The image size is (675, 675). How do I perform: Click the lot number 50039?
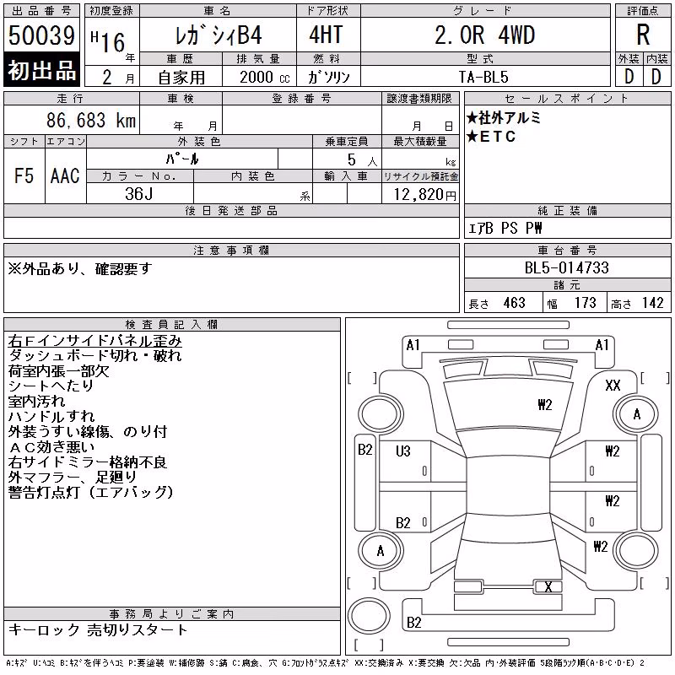click(41, 35)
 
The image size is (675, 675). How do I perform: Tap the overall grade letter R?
click(643, 35)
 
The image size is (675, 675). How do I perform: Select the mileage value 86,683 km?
click(91, 121)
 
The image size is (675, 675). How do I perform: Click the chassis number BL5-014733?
click(566, 267)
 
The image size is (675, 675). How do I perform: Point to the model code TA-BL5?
click(483, 77)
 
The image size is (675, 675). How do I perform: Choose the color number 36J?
click(139, 194)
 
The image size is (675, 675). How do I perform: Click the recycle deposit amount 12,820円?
click(425, 195)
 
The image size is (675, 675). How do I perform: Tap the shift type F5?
click(24, 175)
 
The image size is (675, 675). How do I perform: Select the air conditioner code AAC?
click(65, 175)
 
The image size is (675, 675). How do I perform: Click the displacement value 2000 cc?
click(265, 78)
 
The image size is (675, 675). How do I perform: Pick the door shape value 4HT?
click(326, 35)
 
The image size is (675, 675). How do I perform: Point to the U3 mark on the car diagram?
click(403, 451)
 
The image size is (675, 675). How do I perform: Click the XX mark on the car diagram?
click(613, 386)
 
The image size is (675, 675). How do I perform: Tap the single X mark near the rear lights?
click(548, 586)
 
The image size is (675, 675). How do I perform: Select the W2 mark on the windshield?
click(544, 405)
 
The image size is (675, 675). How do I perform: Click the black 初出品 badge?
click(41, 70)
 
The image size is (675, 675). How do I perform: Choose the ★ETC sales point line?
click(491, 137)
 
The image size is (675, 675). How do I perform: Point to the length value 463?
click(514, 303)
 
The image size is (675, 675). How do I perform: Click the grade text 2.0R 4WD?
click(484, 35)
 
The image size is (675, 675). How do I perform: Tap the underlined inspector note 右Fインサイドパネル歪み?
click(94, 341)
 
